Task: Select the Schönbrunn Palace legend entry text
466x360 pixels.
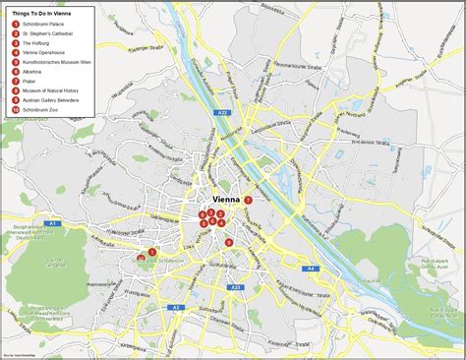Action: coord(44,24)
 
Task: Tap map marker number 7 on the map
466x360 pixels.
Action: coord(249,200)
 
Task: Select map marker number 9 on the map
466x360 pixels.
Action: coord(229,242)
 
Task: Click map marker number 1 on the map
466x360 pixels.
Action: coord(151,253)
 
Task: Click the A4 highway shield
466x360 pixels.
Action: coord(310,268)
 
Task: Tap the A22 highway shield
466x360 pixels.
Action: coord(221,113)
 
